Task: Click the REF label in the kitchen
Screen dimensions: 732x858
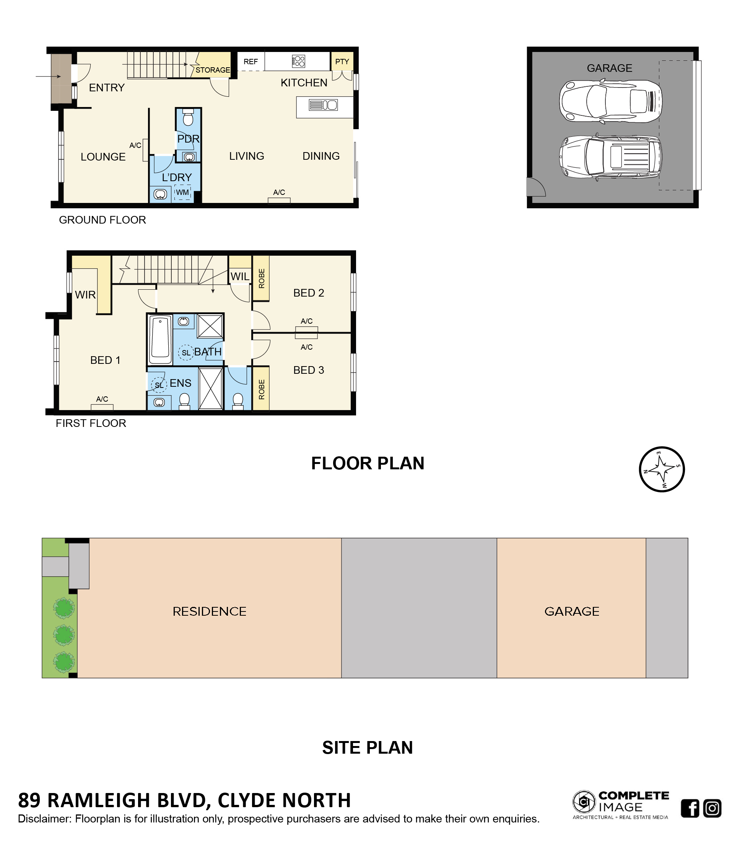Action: pyautogui.click(x=250, y=62)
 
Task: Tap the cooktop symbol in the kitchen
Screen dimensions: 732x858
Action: pyautogui.click(x=298, y=61)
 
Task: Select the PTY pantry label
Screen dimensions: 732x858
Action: pyautogui.click(x=342, y=62)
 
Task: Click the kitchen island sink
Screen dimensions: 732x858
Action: pyautogui.click(x=323, y=105)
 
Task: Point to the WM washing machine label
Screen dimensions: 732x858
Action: pyautogui.click(x=182, y=192)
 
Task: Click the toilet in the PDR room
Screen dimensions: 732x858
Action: pyautogui.click(x=188, y=118)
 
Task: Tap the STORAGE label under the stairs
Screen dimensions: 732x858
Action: pyautogui.click(x=213, y=70)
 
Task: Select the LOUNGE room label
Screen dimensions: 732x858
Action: pyautogui.click(x=103, y=157)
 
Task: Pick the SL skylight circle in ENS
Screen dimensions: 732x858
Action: pyautogui.click(x=159, y=385)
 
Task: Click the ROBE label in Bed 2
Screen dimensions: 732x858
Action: pyautogui.click(x=261, y=278)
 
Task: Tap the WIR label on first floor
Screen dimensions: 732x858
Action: pyautogui.click(x=85, y=295)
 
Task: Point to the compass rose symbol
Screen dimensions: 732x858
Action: pyautogui.click(x=662, y=469)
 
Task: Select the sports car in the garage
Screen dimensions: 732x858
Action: pyautogui.click(x=611, y=101)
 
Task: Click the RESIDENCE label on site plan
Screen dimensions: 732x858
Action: pyautogui.click(x=210, y=611)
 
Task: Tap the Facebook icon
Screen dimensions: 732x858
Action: pyautogui.click(x=690, y=808)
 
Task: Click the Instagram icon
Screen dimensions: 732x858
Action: pyautogui.click(x=712, y=808)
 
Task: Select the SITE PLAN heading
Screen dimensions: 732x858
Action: pyautogui.click(x=368, y=748)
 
